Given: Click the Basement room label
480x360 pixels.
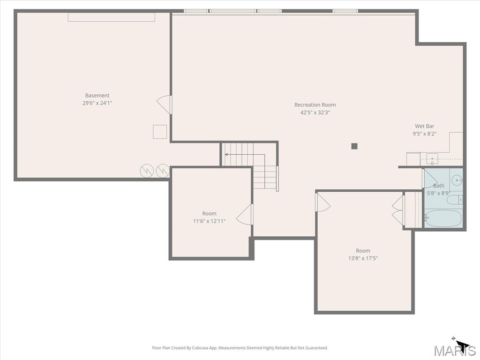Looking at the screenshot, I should click(x=97, y=96).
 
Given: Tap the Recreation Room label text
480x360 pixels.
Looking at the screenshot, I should click(x=315, y=105).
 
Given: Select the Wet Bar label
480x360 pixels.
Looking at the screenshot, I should click(x=424, y=126).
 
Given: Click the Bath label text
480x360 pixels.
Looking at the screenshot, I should click(x=438, y=186).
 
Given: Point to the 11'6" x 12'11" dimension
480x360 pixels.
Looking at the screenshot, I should click(x=209, y=221).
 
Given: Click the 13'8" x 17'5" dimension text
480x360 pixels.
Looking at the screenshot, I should click(x=363, y=258).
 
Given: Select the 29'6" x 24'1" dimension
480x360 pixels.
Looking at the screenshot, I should click(x=97, y=103).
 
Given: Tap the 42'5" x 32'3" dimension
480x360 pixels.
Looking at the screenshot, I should click(x=315, y=112).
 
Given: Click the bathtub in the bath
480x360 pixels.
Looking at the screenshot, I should click(x=443, y=218).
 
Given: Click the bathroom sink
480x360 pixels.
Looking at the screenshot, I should click(x=457, y=179).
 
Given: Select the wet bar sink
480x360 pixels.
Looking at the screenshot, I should click(x=432, y=159).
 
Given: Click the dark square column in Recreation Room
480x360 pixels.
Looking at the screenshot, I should click(x=354, y=146).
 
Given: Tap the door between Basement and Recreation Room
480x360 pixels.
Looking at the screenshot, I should click(x=165, y=105).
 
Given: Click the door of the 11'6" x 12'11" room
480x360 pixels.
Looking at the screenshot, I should click(x=245, y=215).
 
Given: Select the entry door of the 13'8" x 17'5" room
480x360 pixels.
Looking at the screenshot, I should click(x=322, y=202).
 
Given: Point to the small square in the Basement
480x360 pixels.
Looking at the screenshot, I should click(x=160, y=132).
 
